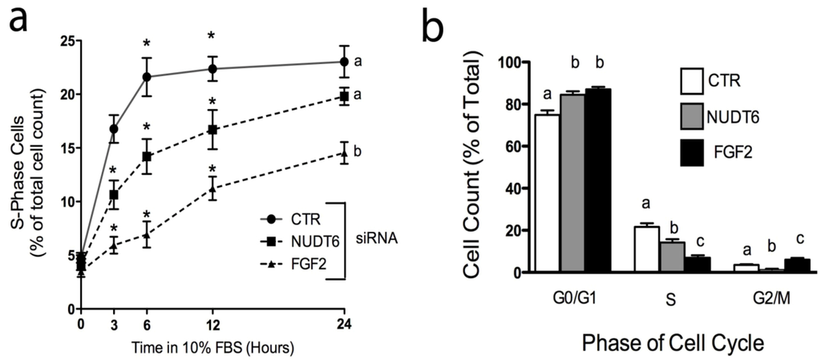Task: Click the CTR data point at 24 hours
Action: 345,62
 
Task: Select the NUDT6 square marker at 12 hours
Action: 212,129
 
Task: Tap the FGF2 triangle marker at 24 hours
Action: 345,152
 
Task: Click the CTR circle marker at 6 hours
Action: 147,77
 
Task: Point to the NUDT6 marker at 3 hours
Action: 114,195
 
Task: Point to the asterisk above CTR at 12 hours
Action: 212,36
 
